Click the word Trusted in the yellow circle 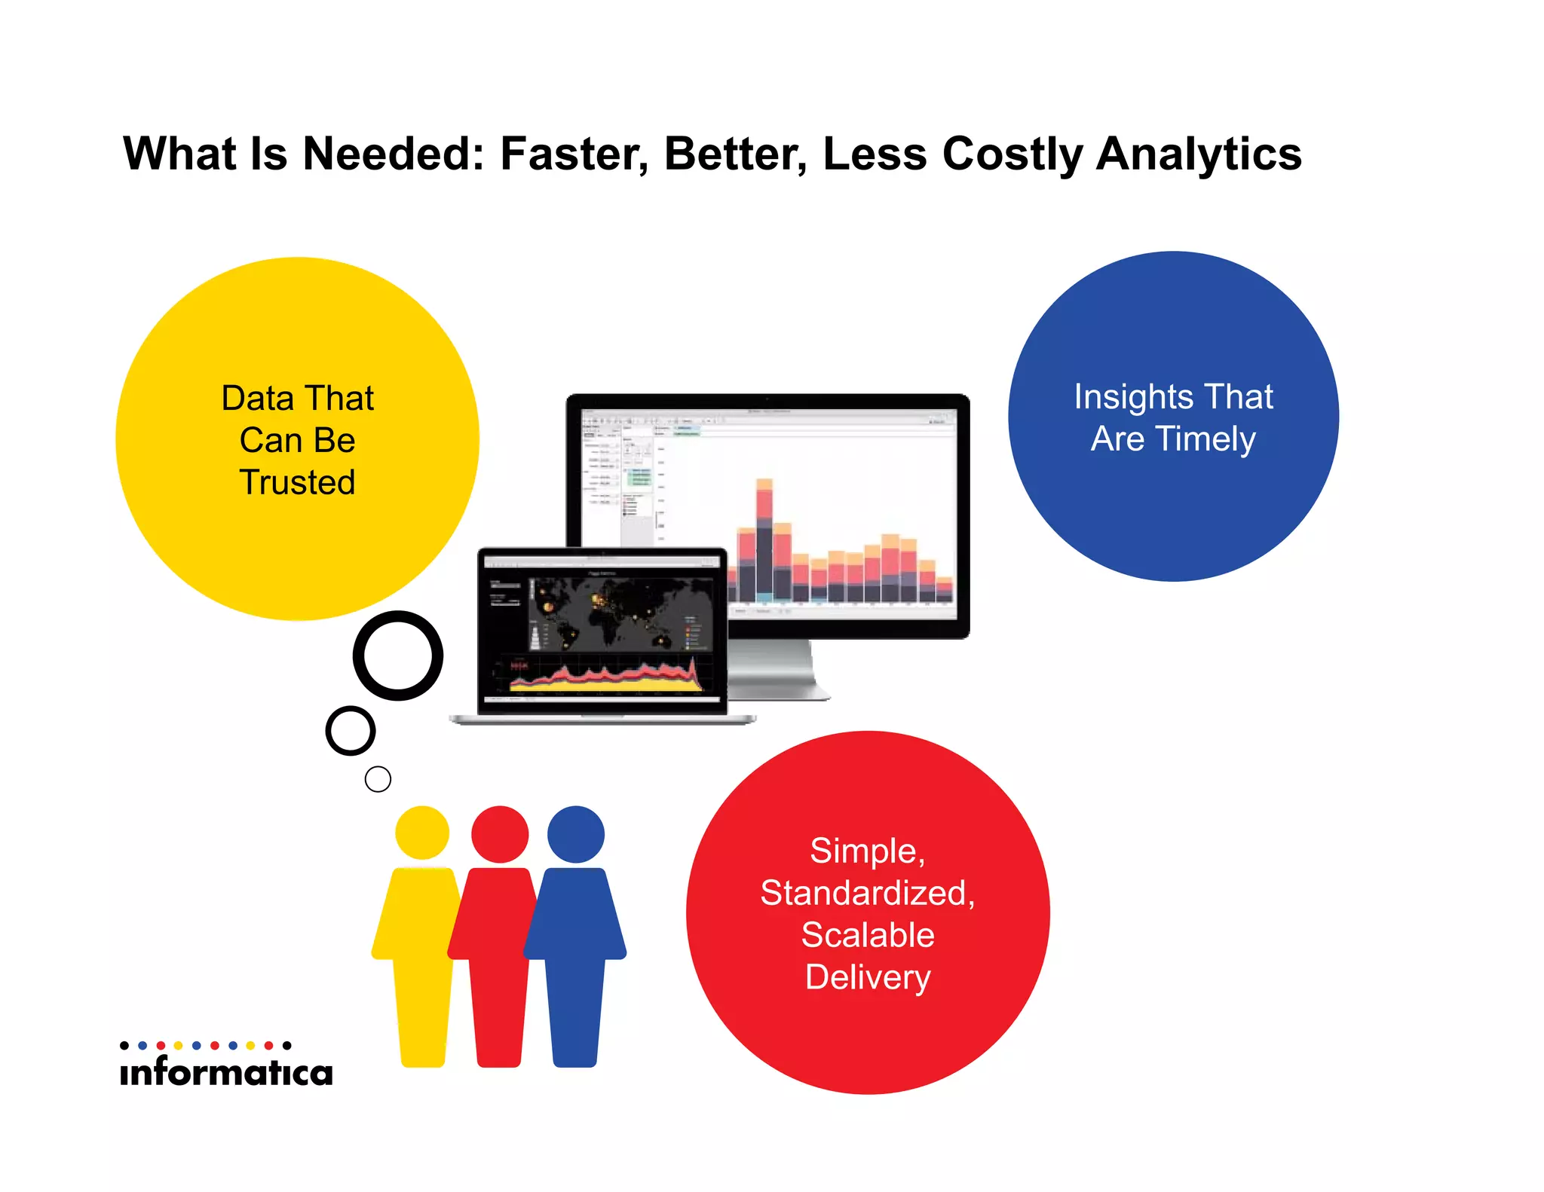297,482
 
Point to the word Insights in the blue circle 1128,398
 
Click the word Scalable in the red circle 868,935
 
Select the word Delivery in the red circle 868,978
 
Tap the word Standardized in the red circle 867,893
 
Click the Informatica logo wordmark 226,1071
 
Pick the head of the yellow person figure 422,833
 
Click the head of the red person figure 500,834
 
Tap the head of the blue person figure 576,834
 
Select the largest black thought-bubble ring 398,656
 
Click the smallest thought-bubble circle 378,779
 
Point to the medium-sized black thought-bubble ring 351,731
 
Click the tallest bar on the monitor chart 764,539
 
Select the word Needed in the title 393,154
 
